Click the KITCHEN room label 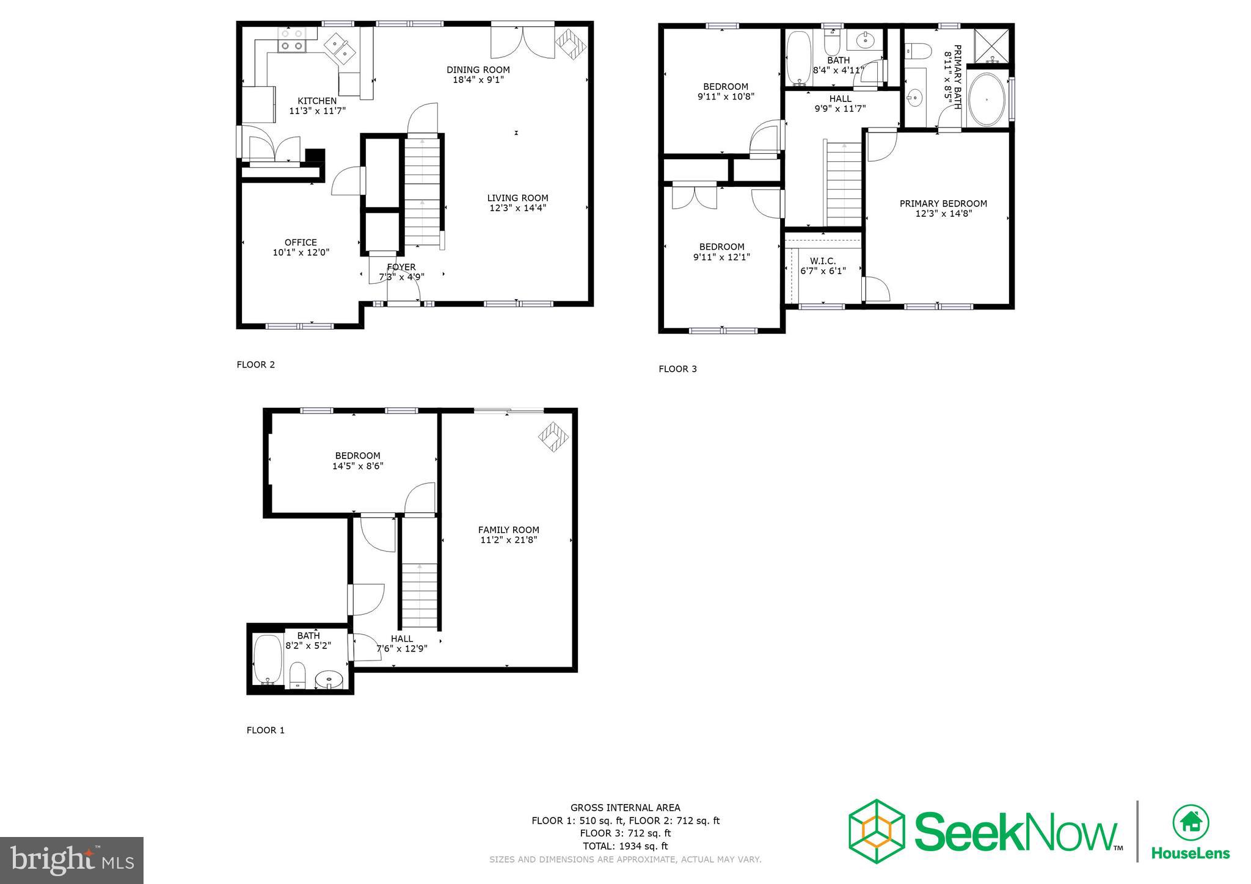316,101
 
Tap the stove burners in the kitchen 292,40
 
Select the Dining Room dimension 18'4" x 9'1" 478,79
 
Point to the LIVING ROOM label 517,198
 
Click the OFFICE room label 301,242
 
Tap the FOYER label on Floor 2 401,267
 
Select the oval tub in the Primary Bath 986,100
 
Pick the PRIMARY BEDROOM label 943,203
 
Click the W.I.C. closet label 823,261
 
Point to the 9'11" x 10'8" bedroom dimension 726,96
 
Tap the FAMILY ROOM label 508,530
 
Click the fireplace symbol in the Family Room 553,437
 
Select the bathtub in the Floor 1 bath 267,659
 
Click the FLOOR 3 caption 677,369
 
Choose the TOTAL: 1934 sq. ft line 625,846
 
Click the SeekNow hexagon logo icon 876,831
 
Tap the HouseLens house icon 1191,823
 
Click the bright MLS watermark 72,860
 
